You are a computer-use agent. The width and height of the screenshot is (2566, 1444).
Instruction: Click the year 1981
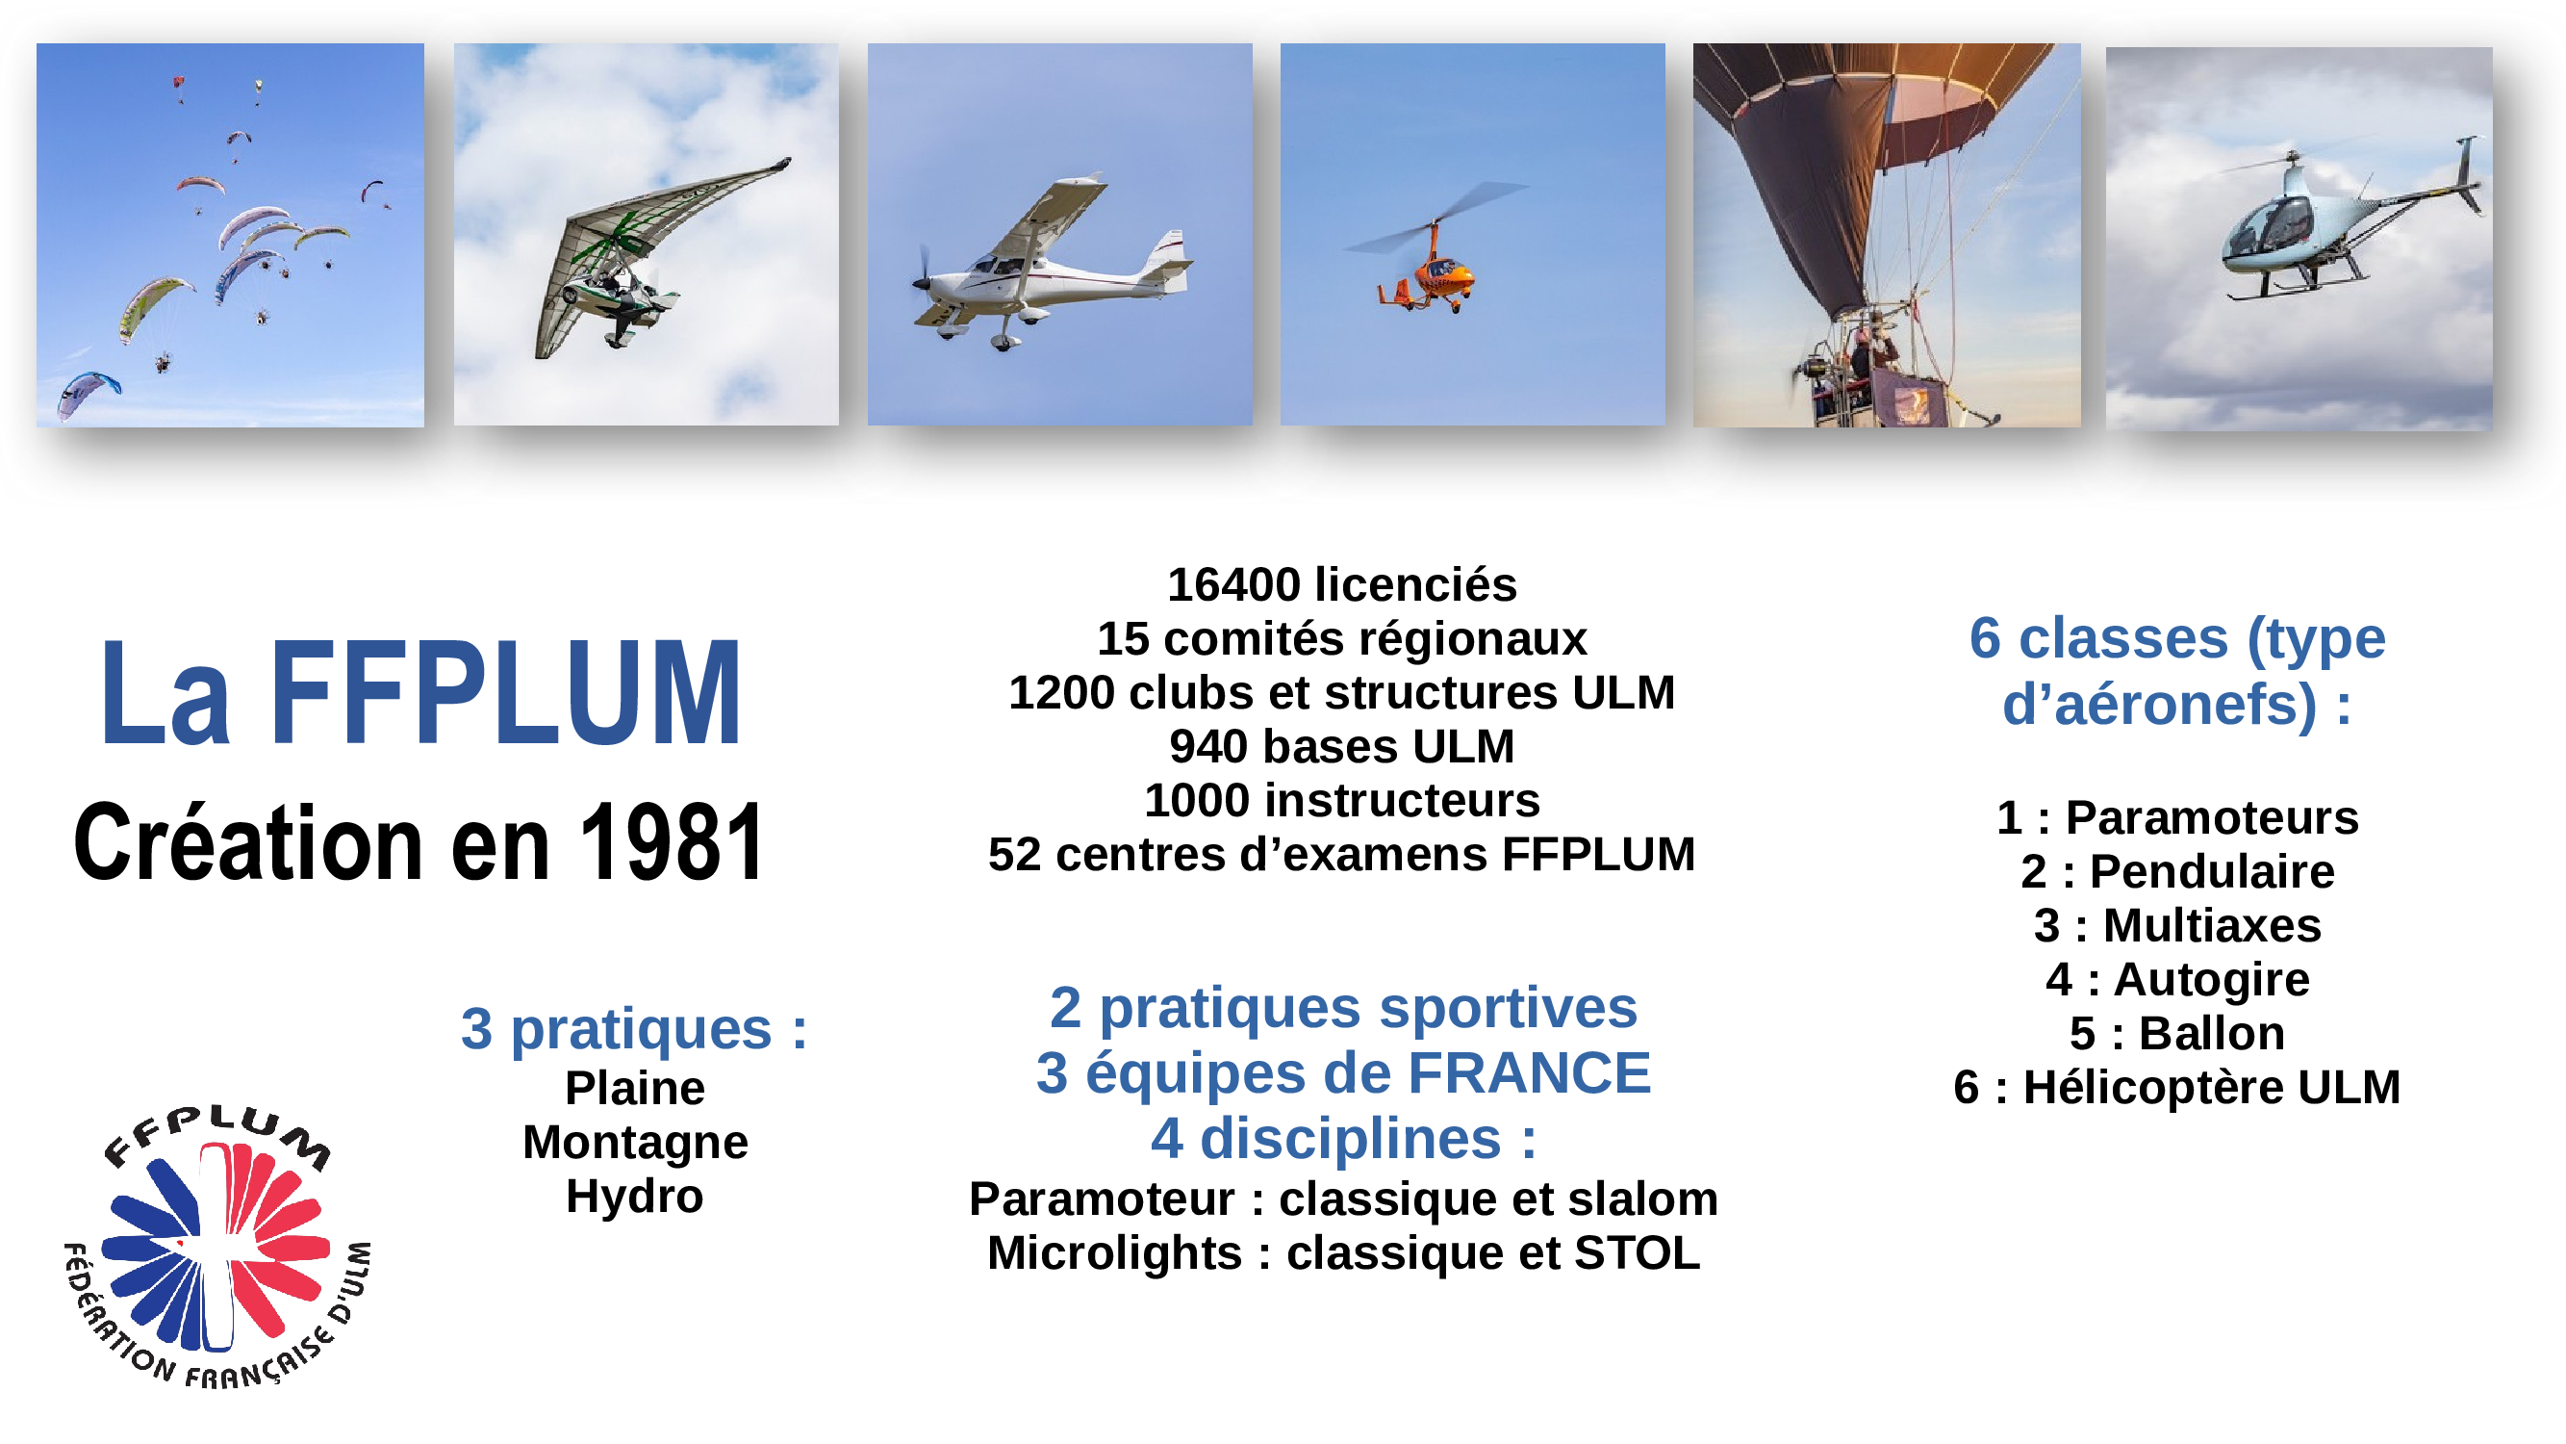(x=673, y=843)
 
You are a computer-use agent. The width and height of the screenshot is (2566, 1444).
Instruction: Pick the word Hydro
(x=635, y=1197)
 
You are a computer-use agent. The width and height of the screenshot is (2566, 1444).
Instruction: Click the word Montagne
(x=636, y=1142)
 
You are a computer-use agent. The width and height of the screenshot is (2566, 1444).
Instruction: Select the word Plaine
(x=635, y=1088)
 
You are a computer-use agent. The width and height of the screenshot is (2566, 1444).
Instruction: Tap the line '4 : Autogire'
(x=2177, y=980)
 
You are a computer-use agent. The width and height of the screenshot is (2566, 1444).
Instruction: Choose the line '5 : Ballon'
(x=2177, y=1033)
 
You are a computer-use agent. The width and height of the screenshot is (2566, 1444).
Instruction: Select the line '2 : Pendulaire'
(x=2177, y=872)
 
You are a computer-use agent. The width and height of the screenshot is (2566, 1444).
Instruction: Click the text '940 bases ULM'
(x=1342, y=747)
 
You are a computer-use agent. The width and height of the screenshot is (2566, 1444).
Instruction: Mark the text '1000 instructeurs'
(x=1342, y=801)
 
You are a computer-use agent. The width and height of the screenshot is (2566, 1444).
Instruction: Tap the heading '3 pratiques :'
(x=635, y=1029)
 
